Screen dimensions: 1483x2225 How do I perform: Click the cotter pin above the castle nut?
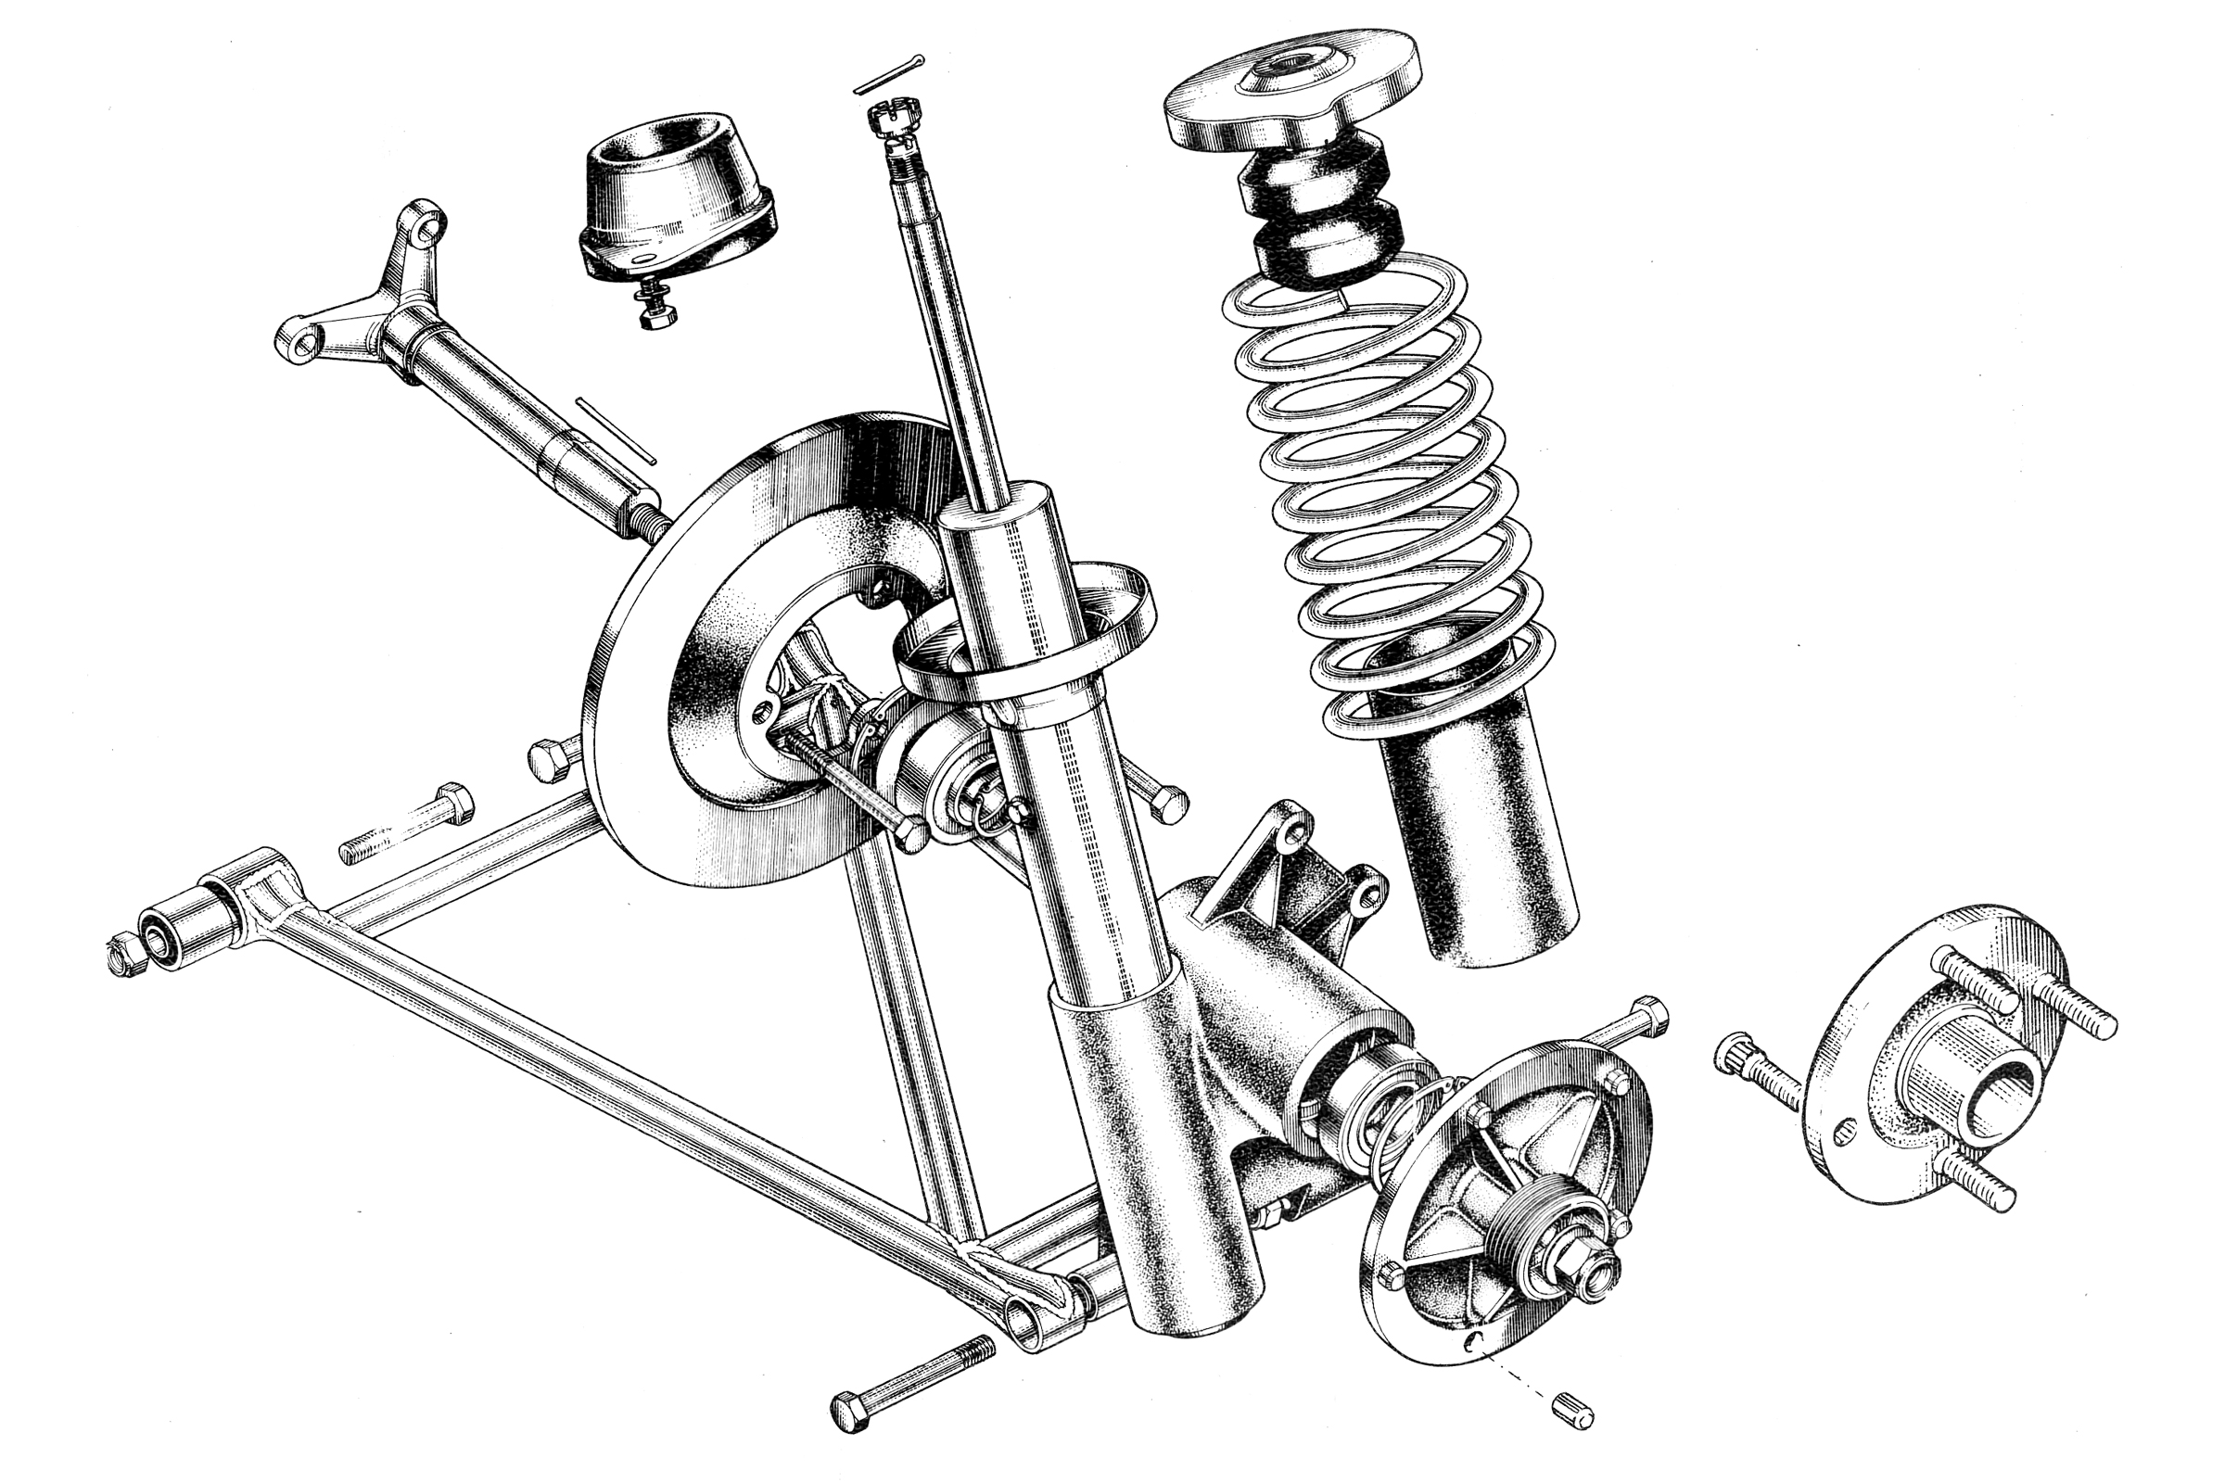tap(889, 75)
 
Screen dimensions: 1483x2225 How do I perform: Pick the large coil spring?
tap(1387, 492)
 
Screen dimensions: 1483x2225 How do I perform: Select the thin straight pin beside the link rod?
tap(615, 430)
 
